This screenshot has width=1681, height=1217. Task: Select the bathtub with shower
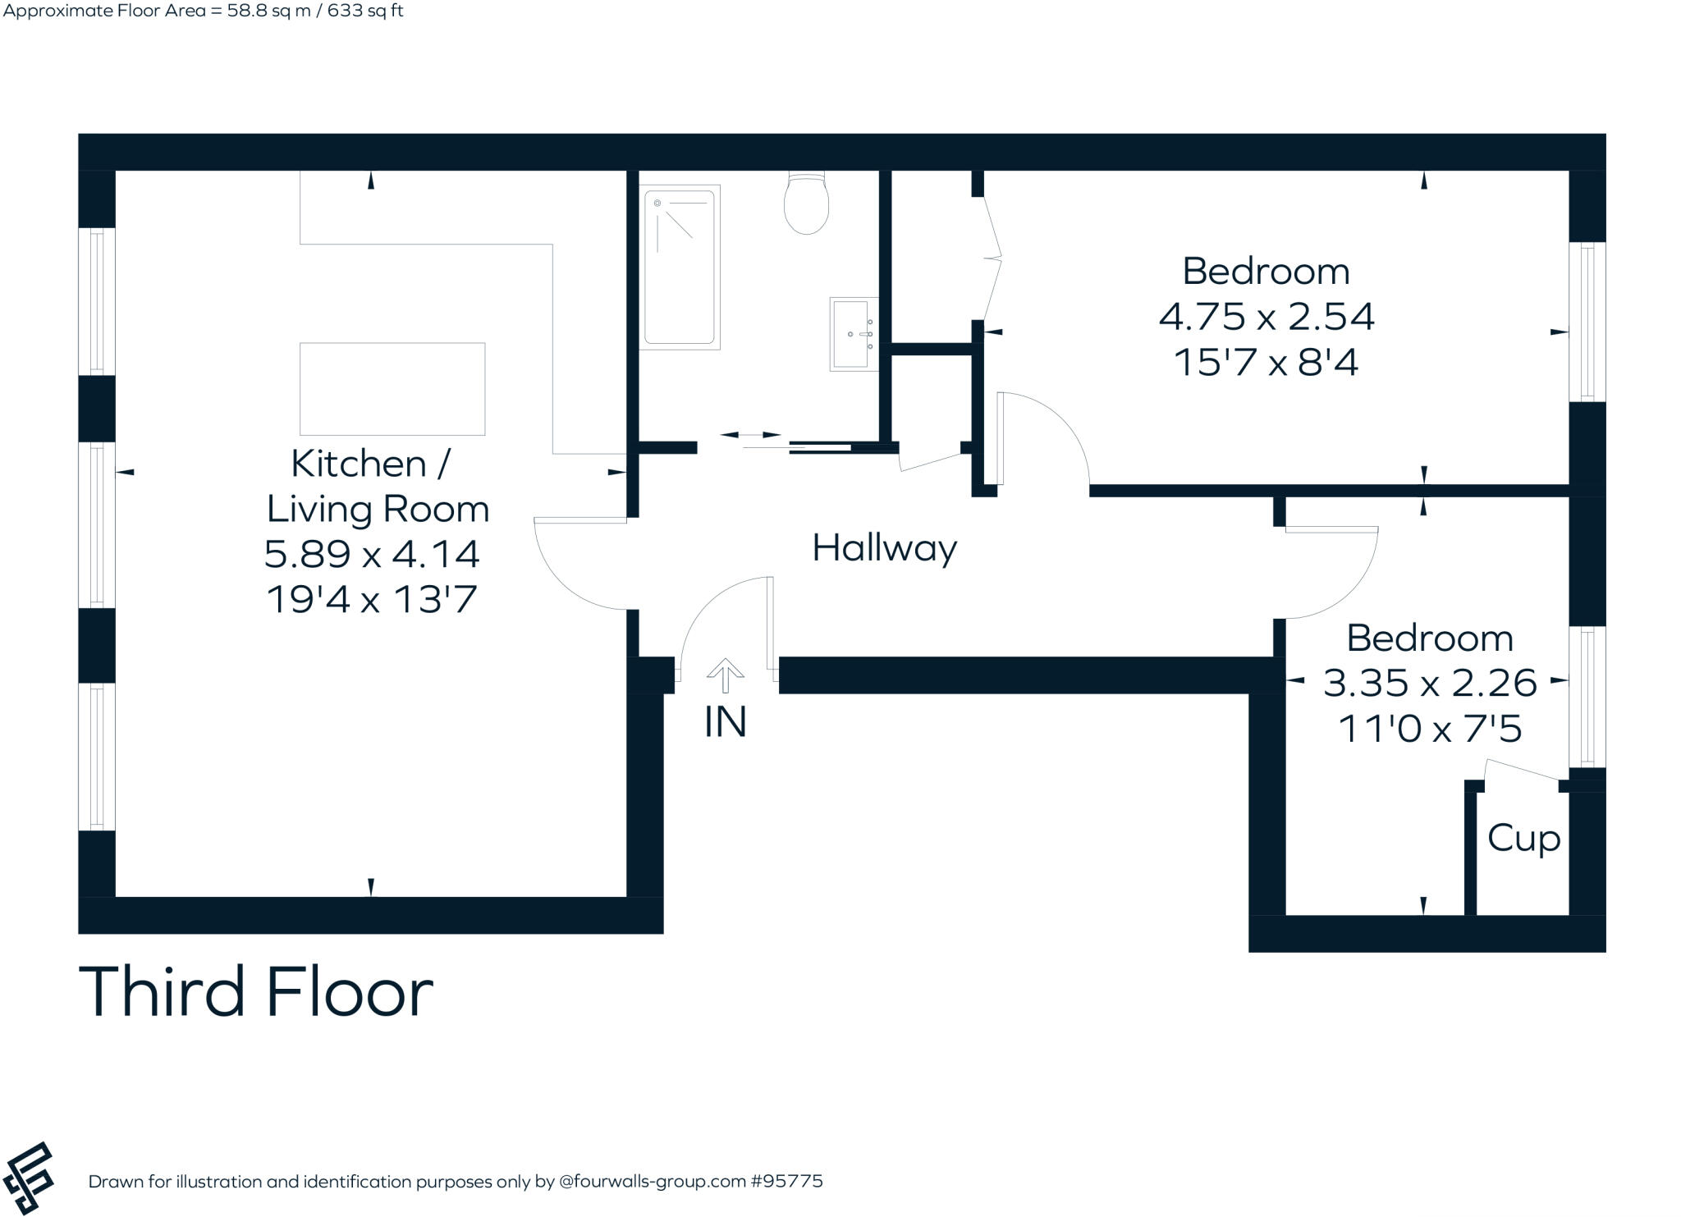pos(679,267)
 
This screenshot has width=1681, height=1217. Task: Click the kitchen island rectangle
pos(392,389)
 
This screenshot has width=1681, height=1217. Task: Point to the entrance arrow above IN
pos(726,675)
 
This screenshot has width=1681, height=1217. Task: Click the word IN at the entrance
pos(726,722)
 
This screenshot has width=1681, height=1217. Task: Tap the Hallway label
pos(884,547)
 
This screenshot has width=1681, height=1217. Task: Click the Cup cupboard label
pos(1523,838)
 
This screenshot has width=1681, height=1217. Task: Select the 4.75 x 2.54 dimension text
pos(1266,317)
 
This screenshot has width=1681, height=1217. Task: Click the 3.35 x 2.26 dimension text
pos(1429,683)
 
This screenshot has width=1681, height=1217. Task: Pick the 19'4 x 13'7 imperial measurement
pos(372,599)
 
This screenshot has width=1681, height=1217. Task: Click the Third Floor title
pos(255,992)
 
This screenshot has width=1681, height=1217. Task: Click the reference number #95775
pos(786,1182)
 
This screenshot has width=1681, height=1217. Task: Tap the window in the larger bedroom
pos(1587,322)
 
